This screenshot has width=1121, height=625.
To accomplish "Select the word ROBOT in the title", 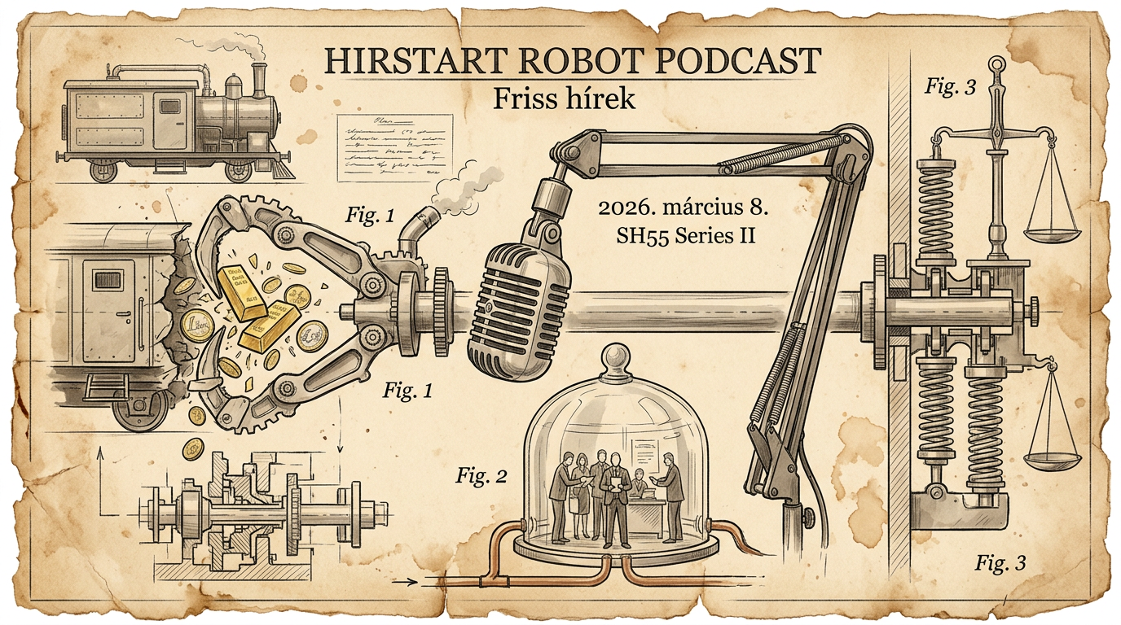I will pyautogui.click(x=556, y=61).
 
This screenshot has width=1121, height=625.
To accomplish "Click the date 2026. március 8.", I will pyautogui.click(x=684, y=208).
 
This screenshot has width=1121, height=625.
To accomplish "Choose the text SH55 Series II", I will pyautogui.click(x=684, y=237).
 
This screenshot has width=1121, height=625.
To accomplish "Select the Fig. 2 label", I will pyautogui.click(x=481, y=476).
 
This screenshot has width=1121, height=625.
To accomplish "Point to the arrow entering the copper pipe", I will pyautogui.click(x=407, y=582).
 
